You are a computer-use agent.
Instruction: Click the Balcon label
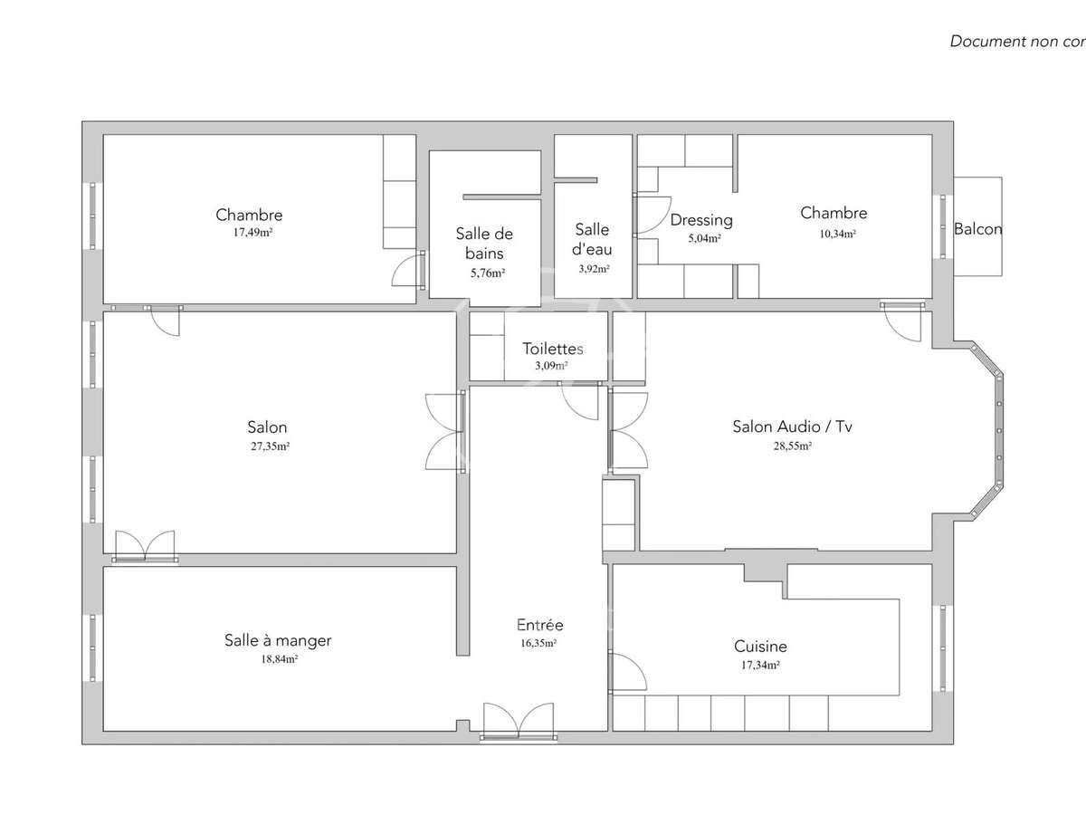tap(977, 229)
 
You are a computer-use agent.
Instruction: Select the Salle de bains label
tap(484, 243)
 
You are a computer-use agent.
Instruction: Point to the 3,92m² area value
tap(594, 269)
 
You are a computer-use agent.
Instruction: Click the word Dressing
tap(701, 220)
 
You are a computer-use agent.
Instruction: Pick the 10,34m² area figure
tap(834, 233)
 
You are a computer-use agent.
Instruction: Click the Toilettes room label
tap(552, 349)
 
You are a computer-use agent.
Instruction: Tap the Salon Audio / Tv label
tap(791, 427)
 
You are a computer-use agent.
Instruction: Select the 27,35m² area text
tap(268, 446)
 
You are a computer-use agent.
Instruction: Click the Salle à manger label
tap(278, 640)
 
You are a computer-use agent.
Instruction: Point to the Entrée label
tap(539, 625)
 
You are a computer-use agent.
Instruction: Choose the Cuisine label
tap(760, 647)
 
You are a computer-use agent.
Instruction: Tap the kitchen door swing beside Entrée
tap(627, 672)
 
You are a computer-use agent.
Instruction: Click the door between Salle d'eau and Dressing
tap(650, 216)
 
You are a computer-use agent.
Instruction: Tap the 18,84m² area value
tap(279, 660)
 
